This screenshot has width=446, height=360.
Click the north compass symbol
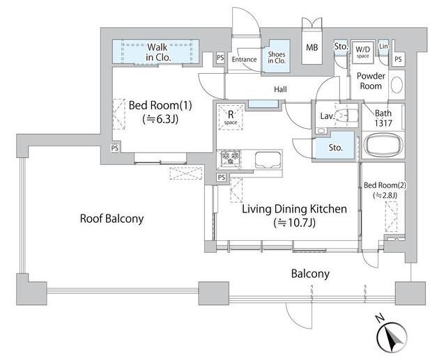(x=392, y=337)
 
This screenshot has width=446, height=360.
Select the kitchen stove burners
(x=231, y=157)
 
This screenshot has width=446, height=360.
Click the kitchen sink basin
(x=268, y=159)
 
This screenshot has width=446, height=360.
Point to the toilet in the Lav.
(x=346, y=116)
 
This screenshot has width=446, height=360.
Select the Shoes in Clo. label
(x=277, y=57)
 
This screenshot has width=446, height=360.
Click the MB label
(x=312, y=47)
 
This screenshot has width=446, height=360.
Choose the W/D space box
(x=362, y=52)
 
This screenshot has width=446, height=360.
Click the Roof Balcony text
(x=111, y=219)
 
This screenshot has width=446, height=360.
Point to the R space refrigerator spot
(x=231, y=118)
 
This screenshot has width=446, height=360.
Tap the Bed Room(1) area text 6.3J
(x=161, y=119)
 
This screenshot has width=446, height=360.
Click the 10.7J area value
(x=295, y=223)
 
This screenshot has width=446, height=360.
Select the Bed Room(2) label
(x=385, y=185)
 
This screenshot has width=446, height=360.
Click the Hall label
(x=280, y=90)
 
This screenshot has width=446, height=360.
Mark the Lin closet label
(x=383, y=46)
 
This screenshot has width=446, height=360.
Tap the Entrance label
(x=244, y=59)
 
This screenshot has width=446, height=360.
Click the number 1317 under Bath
(x=383, y=123)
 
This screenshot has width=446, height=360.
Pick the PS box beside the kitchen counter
(x=222, y=178)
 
